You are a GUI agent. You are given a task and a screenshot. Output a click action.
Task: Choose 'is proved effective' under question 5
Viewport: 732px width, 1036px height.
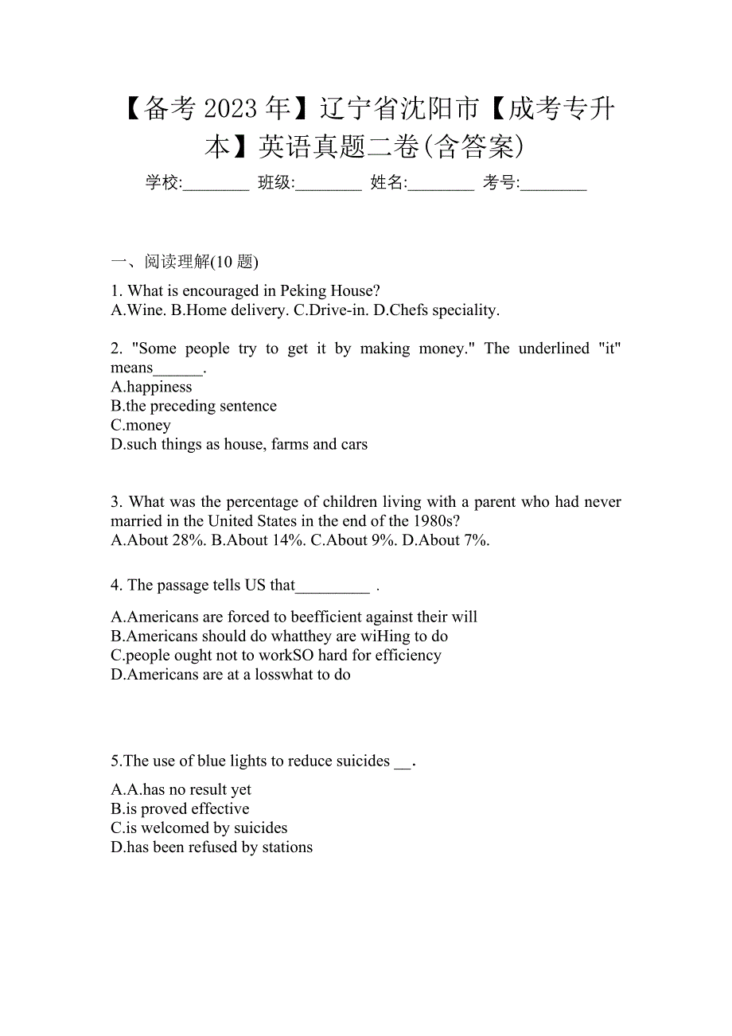pyautogui.click(x=181, y=808)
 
